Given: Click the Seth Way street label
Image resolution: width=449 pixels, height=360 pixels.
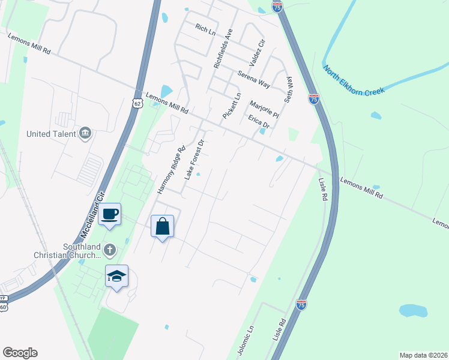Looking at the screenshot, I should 289,89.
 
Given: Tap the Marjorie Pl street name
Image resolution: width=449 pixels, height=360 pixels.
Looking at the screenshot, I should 264,109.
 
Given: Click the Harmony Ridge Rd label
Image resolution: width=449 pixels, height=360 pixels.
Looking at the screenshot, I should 169,169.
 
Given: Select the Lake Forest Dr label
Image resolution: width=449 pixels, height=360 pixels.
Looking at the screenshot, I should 194,160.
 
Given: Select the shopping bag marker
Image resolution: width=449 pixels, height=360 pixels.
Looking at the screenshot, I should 162,227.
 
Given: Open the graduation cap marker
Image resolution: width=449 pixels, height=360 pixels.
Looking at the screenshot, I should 116,276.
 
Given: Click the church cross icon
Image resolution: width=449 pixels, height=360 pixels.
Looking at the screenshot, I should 109,249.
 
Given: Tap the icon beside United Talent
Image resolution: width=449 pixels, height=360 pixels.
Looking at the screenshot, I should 85,133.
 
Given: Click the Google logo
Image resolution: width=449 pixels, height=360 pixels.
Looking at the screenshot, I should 20,353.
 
